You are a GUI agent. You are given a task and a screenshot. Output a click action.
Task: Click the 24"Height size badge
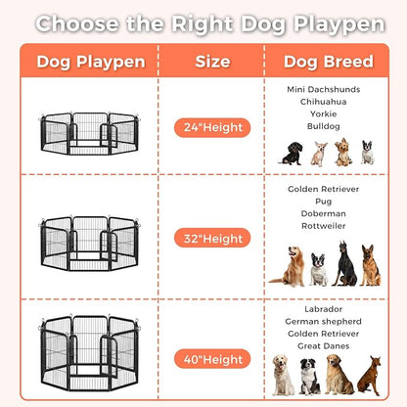(x=212, y=127)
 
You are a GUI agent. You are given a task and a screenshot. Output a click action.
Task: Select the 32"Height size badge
(x=212, y=238)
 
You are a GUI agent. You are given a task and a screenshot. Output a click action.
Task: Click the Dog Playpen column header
(x=91, y=62)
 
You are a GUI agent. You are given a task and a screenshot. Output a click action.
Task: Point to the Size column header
(x=212, y=62)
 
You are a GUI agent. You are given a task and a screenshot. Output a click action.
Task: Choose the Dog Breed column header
(x=328, y=62)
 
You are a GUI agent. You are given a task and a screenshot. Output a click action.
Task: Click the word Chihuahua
(x=324, y=101)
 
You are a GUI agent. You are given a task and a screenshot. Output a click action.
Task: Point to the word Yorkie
(x=324, y=113)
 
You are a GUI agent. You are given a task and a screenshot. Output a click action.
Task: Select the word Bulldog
(x=324, y=126)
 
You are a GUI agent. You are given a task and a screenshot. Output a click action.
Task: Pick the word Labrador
(x=324, y=308)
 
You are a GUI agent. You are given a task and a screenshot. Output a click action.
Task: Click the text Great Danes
(x=324, y=345)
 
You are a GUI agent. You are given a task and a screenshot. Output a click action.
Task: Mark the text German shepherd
(x=324, y=321)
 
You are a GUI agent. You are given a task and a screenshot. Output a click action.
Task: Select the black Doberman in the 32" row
(x=345, y=264)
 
